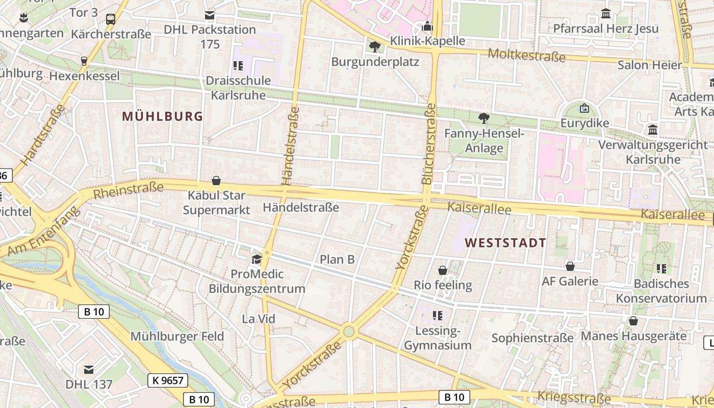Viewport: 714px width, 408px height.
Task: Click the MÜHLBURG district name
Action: tap(163, 116)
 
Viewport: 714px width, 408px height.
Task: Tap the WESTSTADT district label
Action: tap(505, 243)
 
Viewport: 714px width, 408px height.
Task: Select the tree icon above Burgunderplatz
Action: tap(375, 47)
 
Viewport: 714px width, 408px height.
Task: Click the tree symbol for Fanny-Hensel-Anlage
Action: tap(483, 118)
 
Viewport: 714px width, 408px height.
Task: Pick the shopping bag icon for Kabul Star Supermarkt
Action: tap(216, 181)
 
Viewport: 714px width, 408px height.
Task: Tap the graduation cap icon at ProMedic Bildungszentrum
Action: tap(257, 260)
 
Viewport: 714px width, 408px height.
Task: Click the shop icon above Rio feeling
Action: tap(443, 270)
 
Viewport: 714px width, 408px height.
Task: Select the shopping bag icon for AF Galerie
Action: tap(570, 266)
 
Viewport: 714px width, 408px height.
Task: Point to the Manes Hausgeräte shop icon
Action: tap(633, 321)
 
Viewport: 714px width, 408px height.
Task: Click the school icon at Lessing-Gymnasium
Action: tap(437, 316)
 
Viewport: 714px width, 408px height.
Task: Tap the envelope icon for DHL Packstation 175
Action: tap(210, 15)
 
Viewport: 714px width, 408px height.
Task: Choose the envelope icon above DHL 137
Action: tap(89, 369)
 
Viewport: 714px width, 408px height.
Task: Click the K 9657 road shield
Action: tap(168, 380)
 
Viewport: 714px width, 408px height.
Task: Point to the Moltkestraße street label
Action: tap(526, 55)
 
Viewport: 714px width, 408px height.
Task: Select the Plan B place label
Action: tap(337, 259)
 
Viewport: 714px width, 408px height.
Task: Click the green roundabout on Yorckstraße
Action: tap(349, 331)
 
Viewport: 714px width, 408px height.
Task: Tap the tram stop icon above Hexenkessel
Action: tap(84, 61)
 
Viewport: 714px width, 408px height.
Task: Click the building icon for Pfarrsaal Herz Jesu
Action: tap(606, 14)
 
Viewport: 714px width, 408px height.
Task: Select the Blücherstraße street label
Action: tap(429, 144)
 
